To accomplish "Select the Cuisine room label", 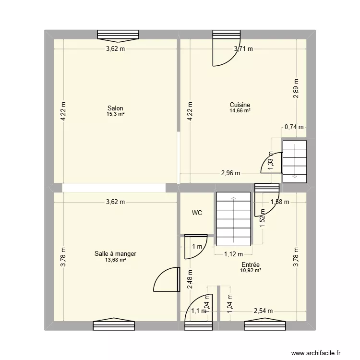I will (240, 105).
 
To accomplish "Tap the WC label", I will (197, 212).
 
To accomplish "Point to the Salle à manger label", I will (115, 254).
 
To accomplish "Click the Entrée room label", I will (251, 264).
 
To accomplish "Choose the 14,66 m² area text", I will (240, 111).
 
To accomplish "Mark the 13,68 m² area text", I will (115, 260).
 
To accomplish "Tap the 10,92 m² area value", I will (251, 270).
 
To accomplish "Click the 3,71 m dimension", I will (243, 48).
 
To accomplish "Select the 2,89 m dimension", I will (296, 88).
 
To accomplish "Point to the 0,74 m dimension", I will (294, 127).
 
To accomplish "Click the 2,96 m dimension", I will (230, 173).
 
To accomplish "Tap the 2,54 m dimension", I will (263, 311).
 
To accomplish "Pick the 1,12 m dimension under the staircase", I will (233, 255).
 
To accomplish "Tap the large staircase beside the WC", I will (233, 218).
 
